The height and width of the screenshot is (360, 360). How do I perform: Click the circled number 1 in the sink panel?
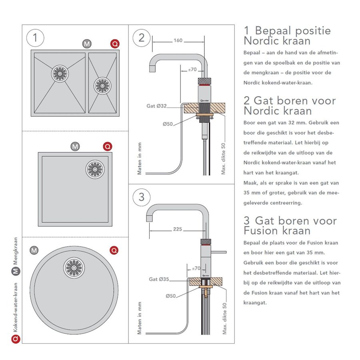tap(36, 38)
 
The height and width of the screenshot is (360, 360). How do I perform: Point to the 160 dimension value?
tap(178, 40)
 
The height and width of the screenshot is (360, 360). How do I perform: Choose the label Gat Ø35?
tap(159, 279)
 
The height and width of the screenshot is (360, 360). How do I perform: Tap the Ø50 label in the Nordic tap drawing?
tap(168, 124)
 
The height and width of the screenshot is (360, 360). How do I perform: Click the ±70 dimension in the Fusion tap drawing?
tap(196, 268)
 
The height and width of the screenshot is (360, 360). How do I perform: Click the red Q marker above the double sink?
tap(114, 44)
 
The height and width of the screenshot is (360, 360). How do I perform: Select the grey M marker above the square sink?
tap(75, 146)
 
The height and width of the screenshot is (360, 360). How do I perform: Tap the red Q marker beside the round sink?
tap(114, 250)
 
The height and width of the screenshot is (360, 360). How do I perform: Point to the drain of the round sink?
tap(74, 268)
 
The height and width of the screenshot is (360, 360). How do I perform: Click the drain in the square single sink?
tap(95, 169)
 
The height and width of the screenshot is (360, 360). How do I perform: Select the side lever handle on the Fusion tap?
tap(218, 252)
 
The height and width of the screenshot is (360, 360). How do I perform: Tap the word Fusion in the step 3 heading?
tap(261, 231)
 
